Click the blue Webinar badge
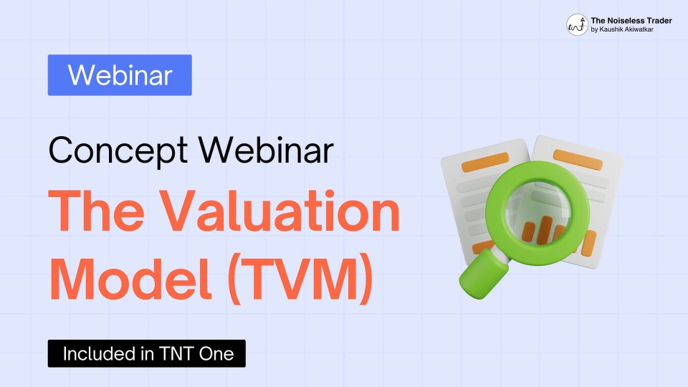point(120,75)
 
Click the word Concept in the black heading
point(118,151)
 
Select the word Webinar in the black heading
point(266,150)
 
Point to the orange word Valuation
point(279,211)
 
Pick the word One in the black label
point(216,353)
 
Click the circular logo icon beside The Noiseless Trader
point(577,24)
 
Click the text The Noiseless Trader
point(631,20)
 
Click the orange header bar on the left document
point(485,162)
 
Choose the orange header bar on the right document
point(578,160)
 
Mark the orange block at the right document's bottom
point(589,244)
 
